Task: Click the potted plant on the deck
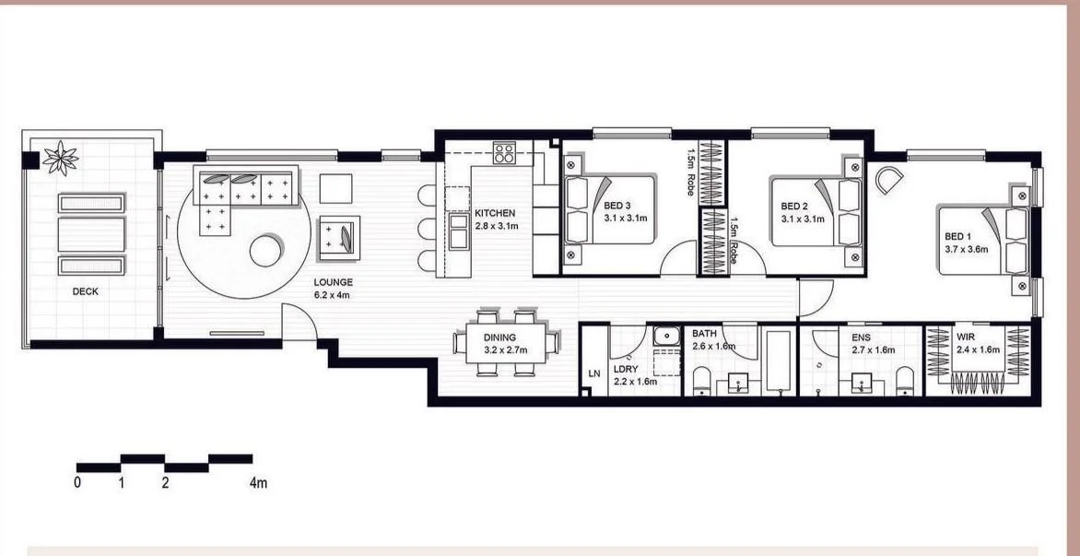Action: click(61, 158)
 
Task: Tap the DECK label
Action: click(87, 292)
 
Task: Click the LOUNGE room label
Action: click(333, 282)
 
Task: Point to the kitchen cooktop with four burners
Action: click(504, 152)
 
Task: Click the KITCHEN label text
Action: click(495, 213)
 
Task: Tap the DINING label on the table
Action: click(500, 338)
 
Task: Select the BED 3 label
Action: click(618, 206)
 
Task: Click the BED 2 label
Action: click(794, 206)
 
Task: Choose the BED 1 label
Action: click(959, 236)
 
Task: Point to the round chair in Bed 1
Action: click(890, 179)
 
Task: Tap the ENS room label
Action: click(861, 338)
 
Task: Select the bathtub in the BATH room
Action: click(779, 361)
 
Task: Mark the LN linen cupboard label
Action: click(594, 374)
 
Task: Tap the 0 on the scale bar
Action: click(77, 482)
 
